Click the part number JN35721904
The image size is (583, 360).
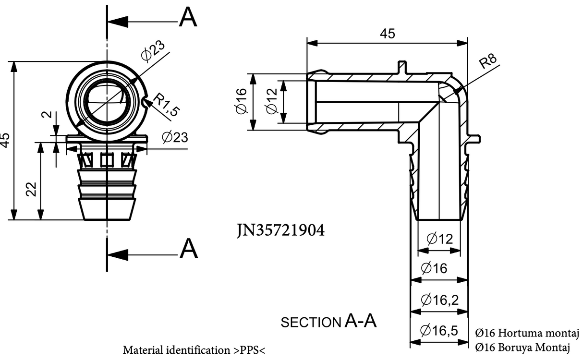[280, 231]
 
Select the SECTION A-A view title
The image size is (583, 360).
[328, 322]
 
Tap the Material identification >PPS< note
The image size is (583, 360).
[194, 349]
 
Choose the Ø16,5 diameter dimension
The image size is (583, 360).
[439, 331]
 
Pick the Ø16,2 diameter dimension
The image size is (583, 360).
[439, 300]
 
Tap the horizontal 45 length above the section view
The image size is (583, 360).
[388, 34]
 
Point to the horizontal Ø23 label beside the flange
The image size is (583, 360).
[174, 137]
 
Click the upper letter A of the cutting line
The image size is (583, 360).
[188, 18]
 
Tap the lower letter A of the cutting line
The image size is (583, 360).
[188, 249]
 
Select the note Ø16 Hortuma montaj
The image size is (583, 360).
[527, 333]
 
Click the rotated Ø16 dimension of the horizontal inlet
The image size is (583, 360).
[241, 101]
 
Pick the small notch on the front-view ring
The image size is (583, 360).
[146, 101]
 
